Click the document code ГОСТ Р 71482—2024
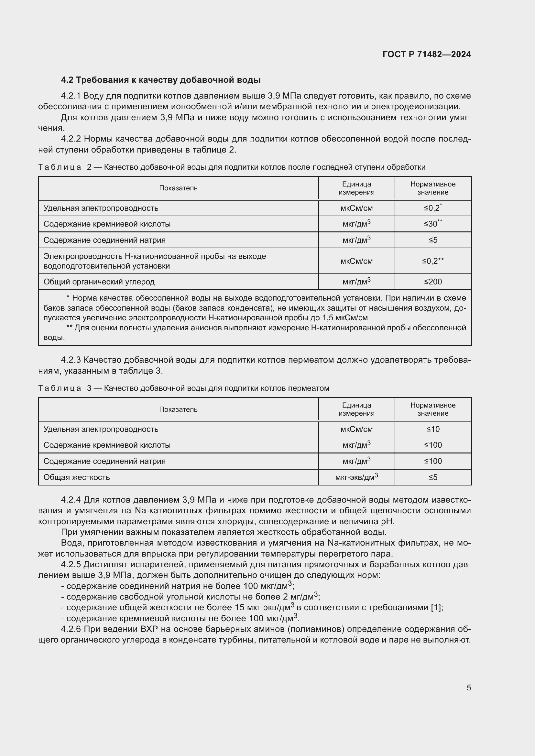[x=427, y=55]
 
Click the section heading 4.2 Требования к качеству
[x=161, y=80]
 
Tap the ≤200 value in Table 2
[x=433, y=282]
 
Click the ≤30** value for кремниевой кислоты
[x=432, y=224]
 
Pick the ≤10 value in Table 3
[x=433, y=429]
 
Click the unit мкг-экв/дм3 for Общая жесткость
[x=356, y=477]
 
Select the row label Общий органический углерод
[x=99, y=282]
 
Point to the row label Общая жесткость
[x=76, y=477]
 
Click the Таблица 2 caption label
[x=64, y=167]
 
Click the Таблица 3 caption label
[x=64, y=388]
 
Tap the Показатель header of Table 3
[x=178, y=409]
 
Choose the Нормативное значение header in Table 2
[x=433, y=188]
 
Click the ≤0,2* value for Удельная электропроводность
[x=432, y=208]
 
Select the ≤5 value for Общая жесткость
[x=433, y=477]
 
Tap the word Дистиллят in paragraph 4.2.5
[x=105, y=564]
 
